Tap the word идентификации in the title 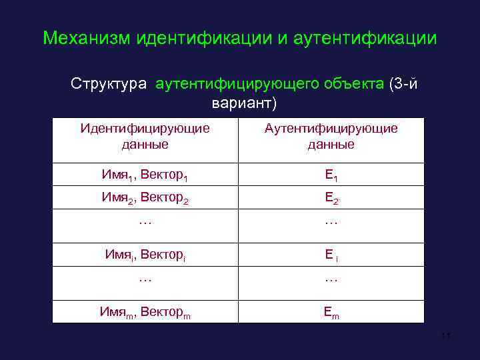[204, 38]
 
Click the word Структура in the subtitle [110, 85]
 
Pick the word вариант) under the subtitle [243, 105]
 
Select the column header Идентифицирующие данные [145, 136]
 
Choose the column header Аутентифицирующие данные [331, 136]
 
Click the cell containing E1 [331, 175]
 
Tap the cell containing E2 [331, 198]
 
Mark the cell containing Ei [331, 254]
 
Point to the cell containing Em [331, 311]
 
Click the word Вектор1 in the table [165, 175]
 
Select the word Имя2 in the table [116, 197]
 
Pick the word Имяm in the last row [115, 311]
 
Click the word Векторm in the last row [165, 311]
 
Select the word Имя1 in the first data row [116, 175]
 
